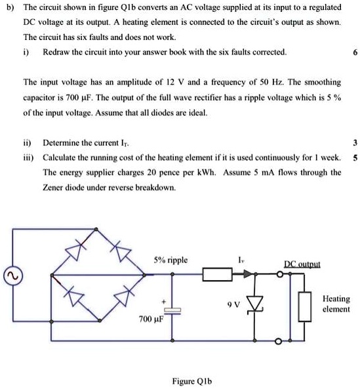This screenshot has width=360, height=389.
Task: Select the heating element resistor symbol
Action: (x=304, y=306)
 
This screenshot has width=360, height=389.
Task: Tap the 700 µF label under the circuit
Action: (x=150, y=319)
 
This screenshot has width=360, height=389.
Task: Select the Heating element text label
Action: (x=336, y=304)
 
